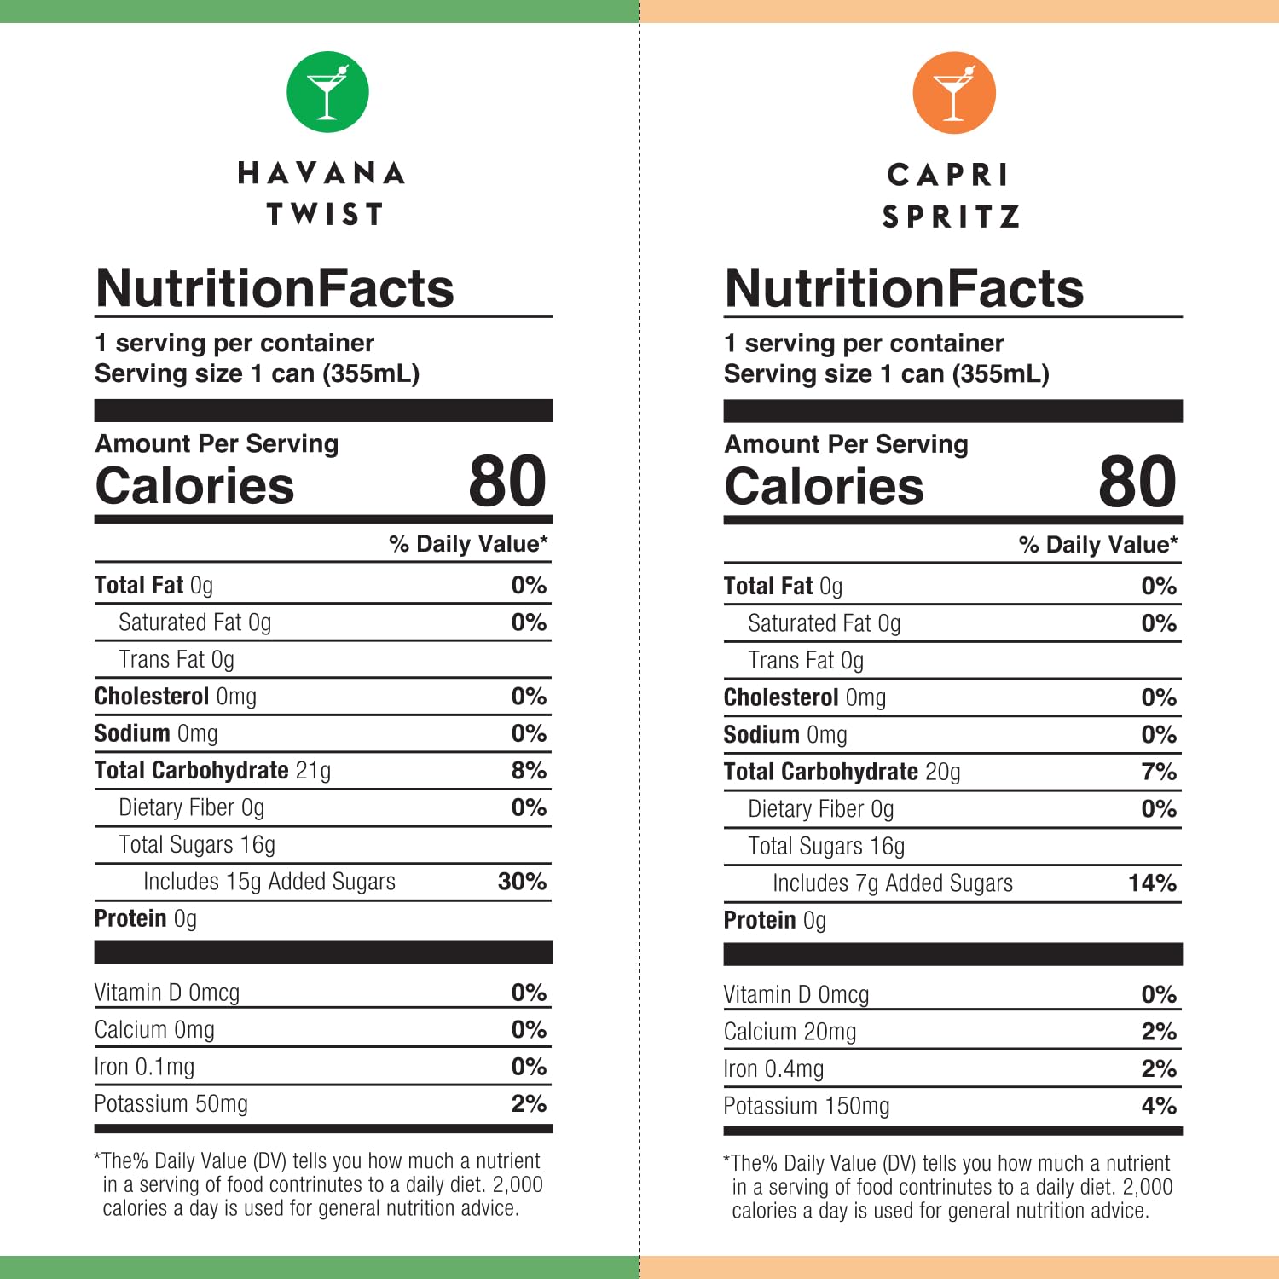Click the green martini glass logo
(x=327, y=92)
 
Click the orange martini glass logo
(x=953, y=93)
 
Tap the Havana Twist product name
(x=322, y=194)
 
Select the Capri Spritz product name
(x=951, y=195)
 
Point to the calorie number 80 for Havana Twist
(x=507, y=482)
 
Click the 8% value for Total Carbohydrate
(x=529, y=771)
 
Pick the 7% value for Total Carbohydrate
(x=1159, y=773)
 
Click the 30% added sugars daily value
(x=522, y=882)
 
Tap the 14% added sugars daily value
(x=1152, y=883)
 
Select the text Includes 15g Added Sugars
(x=269, y=882)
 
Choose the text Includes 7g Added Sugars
(x=893, y=883)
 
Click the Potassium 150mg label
(x=806, y=1107)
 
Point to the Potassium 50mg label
(x=171, y=1104)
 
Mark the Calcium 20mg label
(x=790, y=1033)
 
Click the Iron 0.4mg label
(x=773, y=1069)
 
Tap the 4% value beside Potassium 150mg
(x=1159, y=1107)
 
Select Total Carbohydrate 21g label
(x=212, y=771)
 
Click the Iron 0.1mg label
(x=144, y=1068)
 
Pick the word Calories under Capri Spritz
(x=824, y=486)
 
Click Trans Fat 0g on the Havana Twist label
(x=177, y=660)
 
